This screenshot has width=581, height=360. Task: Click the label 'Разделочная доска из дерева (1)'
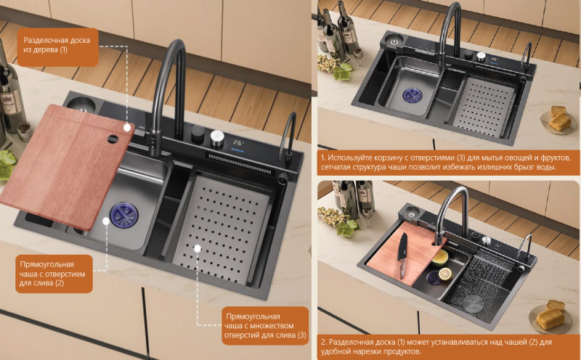57,45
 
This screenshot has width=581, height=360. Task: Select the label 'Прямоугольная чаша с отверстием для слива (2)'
52,274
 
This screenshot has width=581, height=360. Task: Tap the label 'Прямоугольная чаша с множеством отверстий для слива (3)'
265,326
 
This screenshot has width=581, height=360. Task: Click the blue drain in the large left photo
123,215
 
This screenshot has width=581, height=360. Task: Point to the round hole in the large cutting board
113,139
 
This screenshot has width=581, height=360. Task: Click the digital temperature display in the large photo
238,143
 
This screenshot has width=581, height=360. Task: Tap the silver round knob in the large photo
217,139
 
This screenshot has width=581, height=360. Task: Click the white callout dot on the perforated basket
198,247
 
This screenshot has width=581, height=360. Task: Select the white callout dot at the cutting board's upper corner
127,128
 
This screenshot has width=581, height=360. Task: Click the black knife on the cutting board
402,255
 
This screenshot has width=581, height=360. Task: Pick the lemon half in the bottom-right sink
445,274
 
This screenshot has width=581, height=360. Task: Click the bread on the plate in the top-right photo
558,118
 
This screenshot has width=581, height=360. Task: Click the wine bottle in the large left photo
9,93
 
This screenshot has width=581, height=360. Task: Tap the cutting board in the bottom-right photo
406,253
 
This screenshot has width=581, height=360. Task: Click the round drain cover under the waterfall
474,303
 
